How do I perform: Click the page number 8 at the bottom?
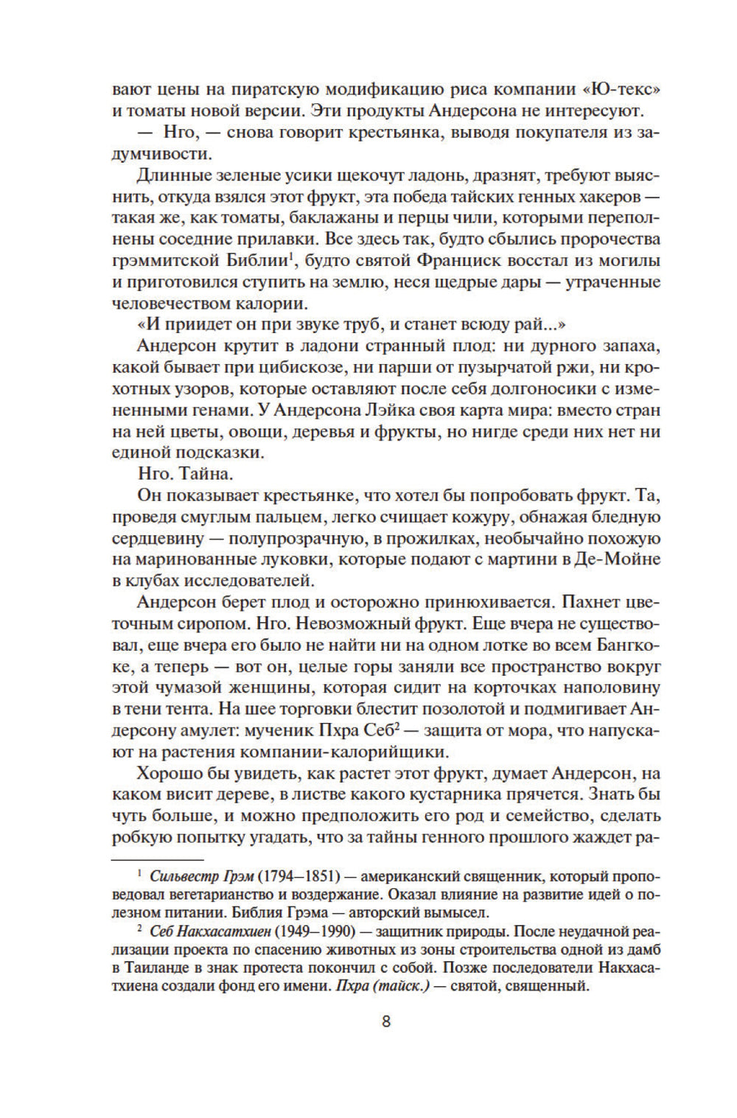(386, 1022)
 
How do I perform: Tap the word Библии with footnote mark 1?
(255, 261)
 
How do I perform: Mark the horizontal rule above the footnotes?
(158, 859)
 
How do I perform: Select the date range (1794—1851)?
(299, 877)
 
